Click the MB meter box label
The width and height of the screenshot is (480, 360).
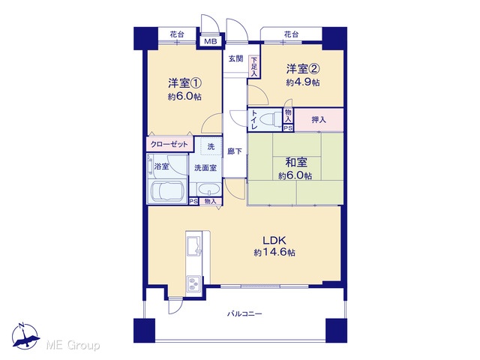click(x=211, y=41)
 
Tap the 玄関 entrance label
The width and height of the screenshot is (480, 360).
click(x=235, y=58)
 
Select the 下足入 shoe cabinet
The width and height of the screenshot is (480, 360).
click(x=254, y=67)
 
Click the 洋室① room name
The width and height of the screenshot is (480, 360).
click(x=184, y=83)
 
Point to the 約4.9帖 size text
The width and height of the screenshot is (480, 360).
click(x=303, y=82)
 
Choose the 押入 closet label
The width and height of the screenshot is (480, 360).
click(x=319, y=120)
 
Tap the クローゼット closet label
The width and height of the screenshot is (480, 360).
click(x=169, y=144)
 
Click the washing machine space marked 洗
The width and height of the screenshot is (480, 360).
click(x=211, y=147)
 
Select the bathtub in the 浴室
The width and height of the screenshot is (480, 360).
click(x=167, y=192)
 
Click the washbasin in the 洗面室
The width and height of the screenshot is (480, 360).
click(x=208, y=189)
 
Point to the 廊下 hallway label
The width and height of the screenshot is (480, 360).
click(x=235, y=151)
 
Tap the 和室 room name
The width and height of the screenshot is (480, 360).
click(x=296, y=163)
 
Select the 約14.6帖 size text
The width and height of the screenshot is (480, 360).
click(x=274, y=253)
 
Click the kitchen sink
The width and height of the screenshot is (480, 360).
click(x=193, y=244)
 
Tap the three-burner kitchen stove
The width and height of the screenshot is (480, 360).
click(x=193, y=283)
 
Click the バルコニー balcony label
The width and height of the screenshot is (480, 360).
click(x=244, y=313)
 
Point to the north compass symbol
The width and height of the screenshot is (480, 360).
click(x=25, y=336)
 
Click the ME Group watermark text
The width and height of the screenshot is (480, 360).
click(x=73, y=345)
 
